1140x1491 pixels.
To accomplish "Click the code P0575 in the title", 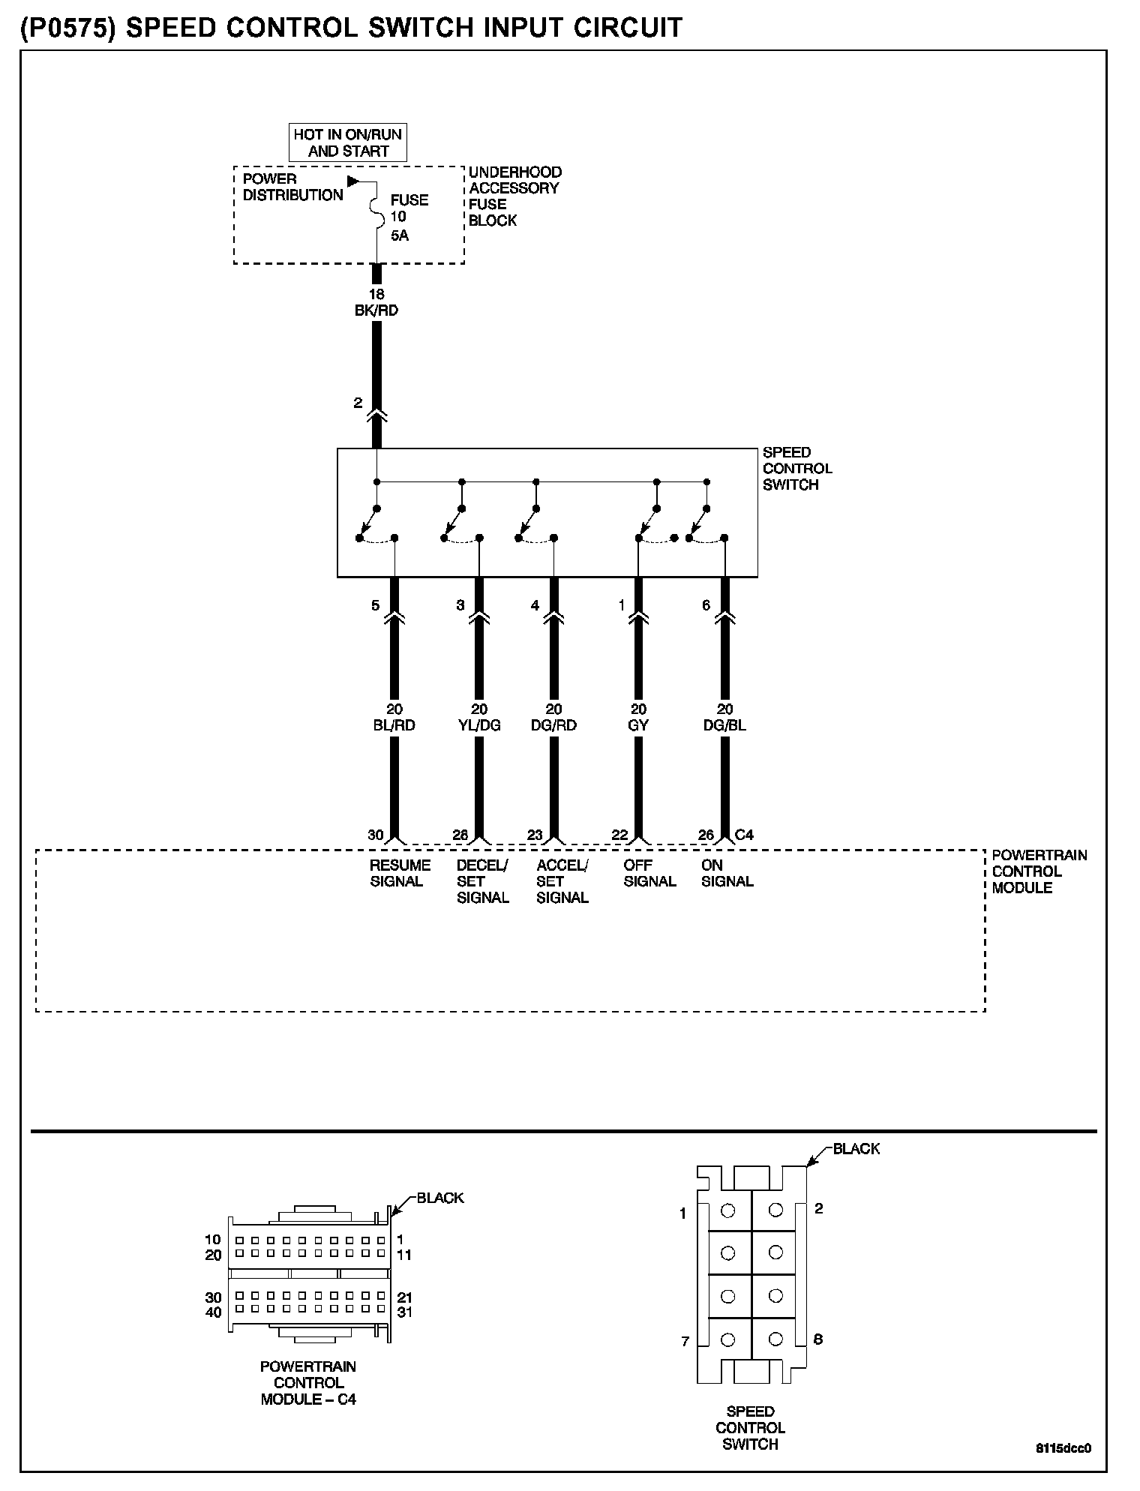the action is click(70, 28).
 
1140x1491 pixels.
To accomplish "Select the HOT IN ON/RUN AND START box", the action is click(349, 142).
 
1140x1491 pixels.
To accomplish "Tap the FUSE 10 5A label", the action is click(409, 217).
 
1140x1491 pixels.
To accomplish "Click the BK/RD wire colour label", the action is click(376, 310).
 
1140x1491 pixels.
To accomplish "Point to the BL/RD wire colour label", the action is click(394, 725).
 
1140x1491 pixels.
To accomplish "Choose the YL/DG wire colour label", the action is click(479, 725).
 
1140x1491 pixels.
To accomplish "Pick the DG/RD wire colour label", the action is click(554, 725).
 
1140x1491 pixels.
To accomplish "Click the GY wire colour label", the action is click(638, 725).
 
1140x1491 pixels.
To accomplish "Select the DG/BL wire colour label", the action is click(724, 725).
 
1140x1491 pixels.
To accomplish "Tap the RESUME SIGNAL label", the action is click(400, 873).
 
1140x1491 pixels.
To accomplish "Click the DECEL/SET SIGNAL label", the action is click(483, 881).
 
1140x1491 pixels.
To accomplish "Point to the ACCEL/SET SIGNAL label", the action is click(562, 881).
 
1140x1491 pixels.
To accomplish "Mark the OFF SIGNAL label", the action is click(649, 873).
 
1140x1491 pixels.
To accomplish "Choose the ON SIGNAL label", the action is click(727, 873).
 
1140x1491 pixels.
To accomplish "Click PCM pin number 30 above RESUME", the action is click(376, 835).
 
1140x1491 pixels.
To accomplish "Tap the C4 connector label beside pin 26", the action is click(745, 835).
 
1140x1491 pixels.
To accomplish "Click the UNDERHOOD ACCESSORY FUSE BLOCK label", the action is click(515, 196).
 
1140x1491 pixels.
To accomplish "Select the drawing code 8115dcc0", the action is click(1063, 1447).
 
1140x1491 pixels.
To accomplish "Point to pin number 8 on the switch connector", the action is click(817, 1339).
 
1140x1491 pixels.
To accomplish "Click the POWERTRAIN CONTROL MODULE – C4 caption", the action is click(308, 1383).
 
